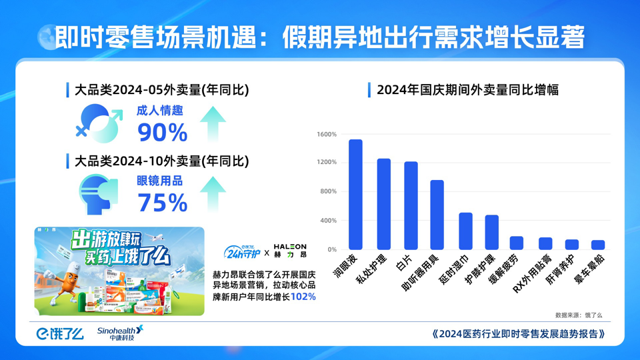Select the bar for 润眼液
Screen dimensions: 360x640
coord(356,195)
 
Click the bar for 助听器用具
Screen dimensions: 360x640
coord(437,215)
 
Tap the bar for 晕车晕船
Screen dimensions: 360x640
coord(598,245)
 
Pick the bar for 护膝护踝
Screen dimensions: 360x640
coord(492,232)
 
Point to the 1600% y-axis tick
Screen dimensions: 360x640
coord(327,134)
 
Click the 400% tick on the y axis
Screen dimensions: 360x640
coord(328,221)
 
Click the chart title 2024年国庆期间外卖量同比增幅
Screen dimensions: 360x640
coord(467,90)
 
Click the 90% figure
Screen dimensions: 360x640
coord(162,133)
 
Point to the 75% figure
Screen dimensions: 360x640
coord(162,203)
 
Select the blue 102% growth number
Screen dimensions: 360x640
coord(303,297)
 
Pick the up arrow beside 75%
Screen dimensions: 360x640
coord(215,193)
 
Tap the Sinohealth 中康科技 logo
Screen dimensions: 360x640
coord(120,333)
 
